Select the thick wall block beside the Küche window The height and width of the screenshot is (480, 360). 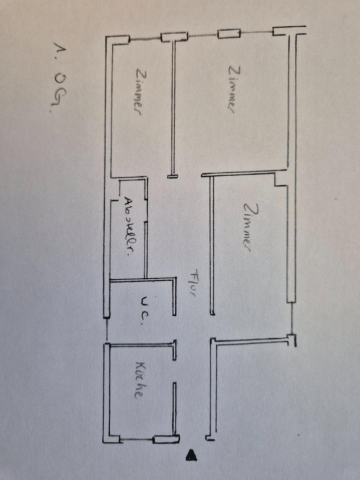[165, 440]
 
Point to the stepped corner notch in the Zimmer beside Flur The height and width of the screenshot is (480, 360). [280, 180]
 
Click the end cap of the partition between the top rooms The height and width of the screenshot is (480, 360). [172, 176]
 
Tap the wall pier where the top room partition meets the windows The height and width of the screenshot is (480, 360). [173, 36]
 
